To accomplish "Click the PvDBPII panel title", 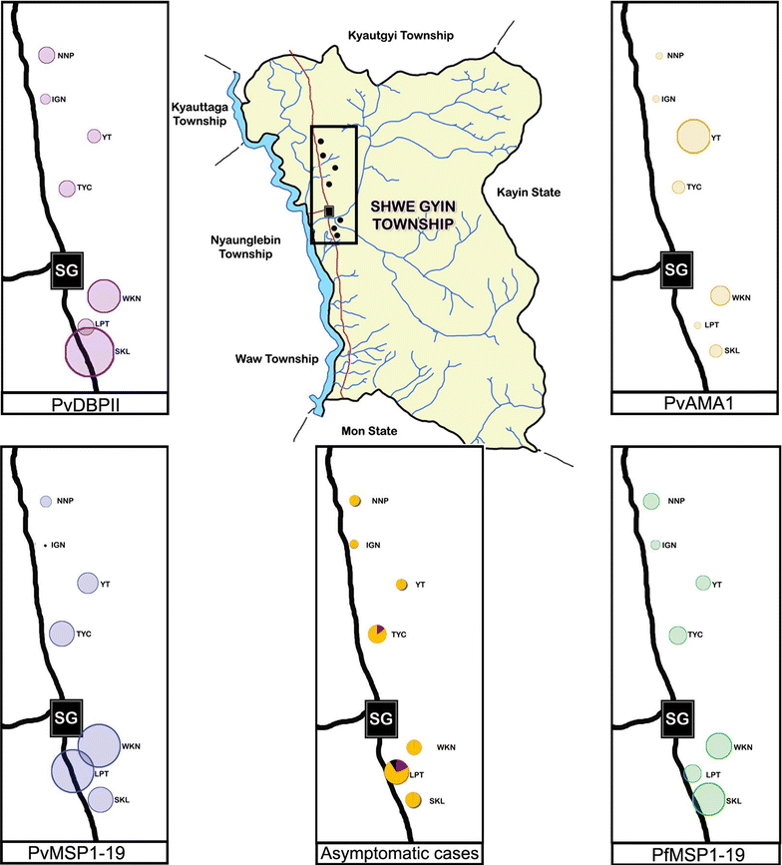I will click(87, 404).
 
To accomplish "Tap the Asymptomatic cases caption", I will click(397, 853).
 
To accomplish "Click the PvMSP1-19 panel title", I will click(87, 853).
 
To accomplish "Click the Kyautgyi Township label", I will click(400, 35).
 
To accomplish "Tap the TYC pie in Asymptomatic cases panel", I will click(378, 634).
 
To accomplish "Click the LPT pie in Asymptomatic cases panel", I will click(396, 772).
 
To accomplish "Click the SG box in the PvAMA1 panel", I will click(676, 268).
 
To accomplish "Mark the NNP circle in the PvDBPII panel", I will click(45, 57).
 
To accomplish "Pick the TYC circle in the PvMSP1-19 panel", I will click(63, 632).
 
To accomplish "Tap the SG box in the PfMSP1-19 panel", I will click(676, 717).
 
